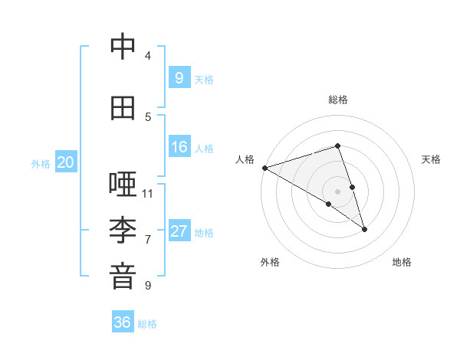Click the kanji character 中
pyautogui.click(x=123, y=47)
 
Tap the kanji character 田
pyautogui.click(x=123, y=108)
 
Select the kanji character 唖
pyautogui.click(x=123, y=185)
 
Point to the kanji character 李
pyautogui.click(x=123, y=231)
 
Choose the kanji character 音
pyautogui.click(x=123, y=277)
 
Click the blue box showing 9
pyautogui.click(x=179, y=77)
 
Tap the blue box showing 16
pyautogui.click(x=179, y=147)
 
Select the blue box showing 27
pyautogui.click(x=179, y=231)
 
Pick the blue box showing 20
pyautogui.click(x=66, y=162)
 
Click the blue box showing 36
pyautogui.click(x=122, y=322)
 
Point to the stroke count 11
pyautogui.click(x=148, y=193)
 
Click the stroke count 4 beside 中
pyautogui.click(x=148, y=55)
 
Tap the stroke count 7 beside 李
pyautogui.click(x=148, y=239)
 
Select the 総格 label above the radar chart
pyautogui.click(x=338, y=100)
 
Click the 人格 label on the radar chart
pyautogui.click(x=245, y=159)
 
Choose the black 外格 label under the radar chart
pyautogui.click(x=270, y=262)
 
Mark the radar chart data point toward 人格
pyautogui.click(x=264, y=167)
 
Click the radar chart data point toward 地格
pyautogui.click(x=364, y=228)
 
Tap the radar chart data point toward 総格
pyautogui.click(x=337, y=146)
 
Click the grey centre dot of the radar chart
pyautogui.click(x=337, y=191)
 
